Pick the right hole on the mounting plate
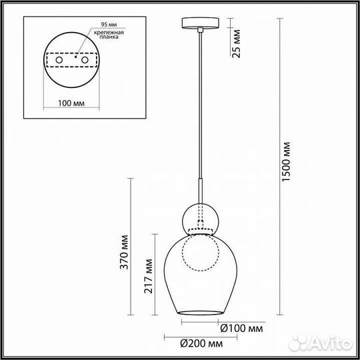pos(85,61)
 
